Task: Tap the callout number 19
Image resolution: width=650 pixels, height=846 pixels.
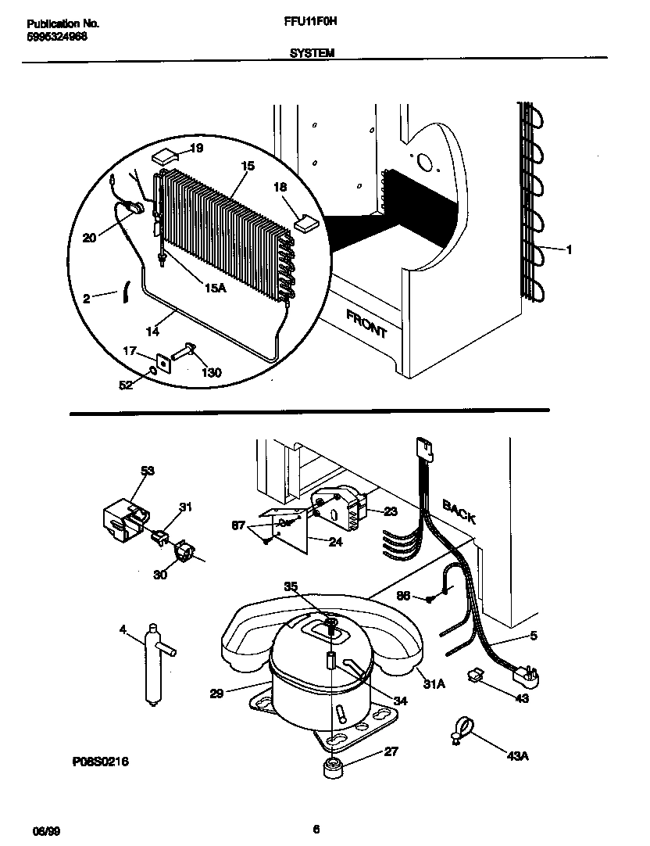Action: (x=195, y=148)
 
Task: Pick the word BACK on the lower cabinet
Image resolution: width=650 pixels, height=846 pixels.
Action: (x=459, y=511)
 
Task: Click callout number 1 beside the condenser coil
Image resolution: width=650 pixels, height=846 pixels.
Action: (x=569, y=250)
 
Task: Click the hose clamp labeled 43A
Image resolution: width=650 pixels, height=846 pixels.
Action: (x=460, y=728)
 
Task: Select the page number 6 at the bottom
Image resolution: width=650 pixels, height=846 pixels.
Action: (x=316, y=829)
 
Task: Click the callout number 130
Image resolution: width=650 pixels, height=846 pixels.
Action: (x=210, y=373)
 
